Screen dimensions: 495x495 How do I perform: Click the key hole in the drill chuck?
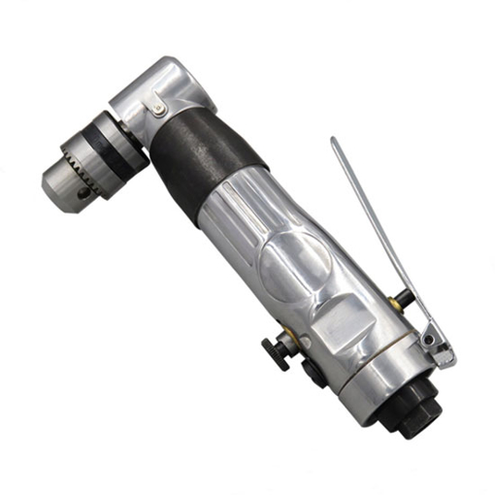[x=84, y=193]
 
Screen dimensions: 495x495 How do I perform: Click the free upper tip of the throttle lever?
[x=335, y=142]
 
